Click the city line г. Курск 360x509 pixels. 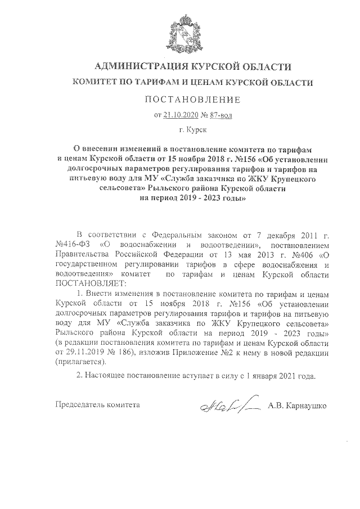192,130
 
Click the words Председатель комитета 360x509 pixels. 97,405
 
